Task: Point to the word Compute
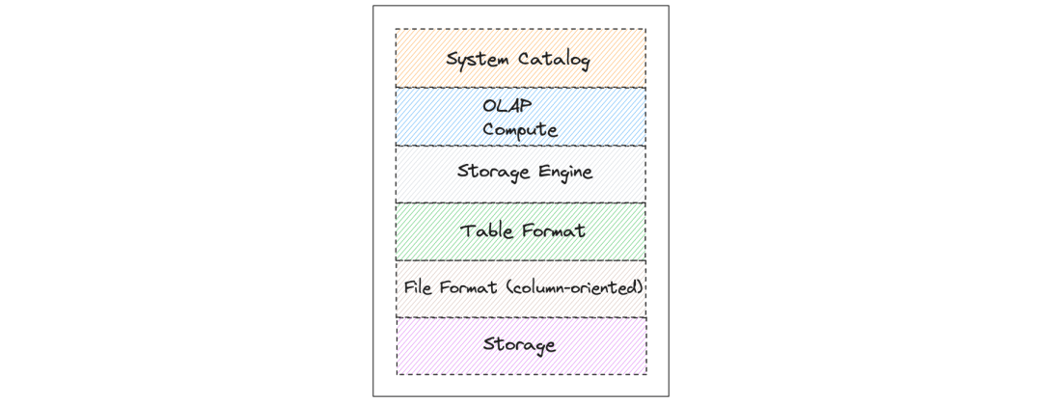520,128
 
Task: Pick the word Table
482,231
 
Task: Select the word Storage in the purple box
519,344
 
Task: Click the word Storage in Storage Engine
488,174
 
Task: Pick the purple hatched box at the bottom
425,357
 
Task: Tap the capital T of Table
466,231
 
